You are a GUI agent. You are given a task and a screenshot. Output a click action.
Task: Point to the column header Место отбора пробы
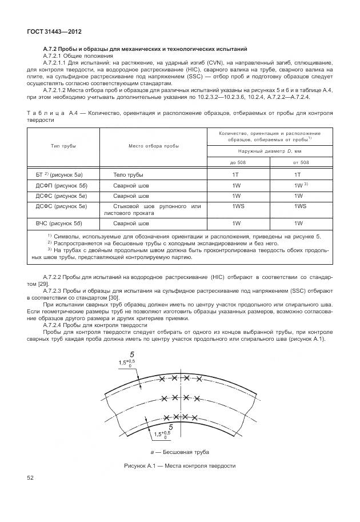point(154,146)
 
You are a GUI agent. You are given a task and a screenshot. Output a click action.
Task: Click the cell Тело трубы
point(128,174)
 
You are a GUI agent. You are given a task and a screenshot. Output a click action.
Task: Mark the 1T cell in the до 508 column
point(235,174)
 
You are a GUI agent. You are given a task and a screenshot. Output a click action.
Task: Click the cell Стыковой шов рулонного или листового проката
point(153,209)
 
